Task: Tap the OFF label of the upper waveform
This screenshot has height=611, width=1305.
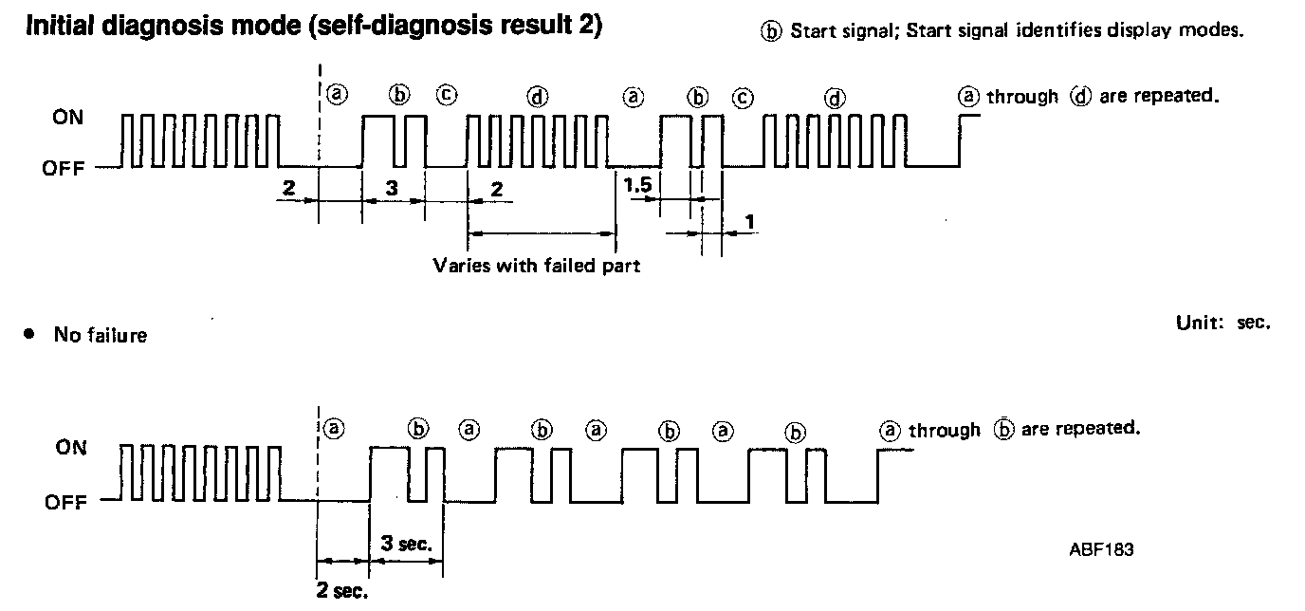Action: point(64,170)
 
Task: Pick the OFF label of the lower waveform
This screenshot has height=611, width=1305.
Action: point(64,502)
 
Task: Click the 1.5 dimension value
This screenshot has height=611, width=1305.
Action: point(637,187)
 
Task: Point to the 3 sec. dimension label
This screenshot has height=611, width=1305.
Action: point(406,544)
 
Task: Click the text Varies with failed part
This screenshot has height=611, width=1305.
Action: point(536,265)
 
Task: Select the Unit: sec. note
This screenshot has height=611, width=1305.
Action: point(1222,323)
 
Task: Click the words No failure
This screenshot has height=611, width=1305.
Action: point(100,335)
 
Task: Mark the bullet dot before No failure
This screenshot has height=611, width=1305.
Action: point(29,334)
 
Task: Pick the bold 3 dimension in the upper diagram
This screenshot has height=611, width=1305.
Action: point(392,188)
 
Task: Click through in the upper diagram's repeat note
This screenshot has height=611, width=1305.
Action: point(1022,97)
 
